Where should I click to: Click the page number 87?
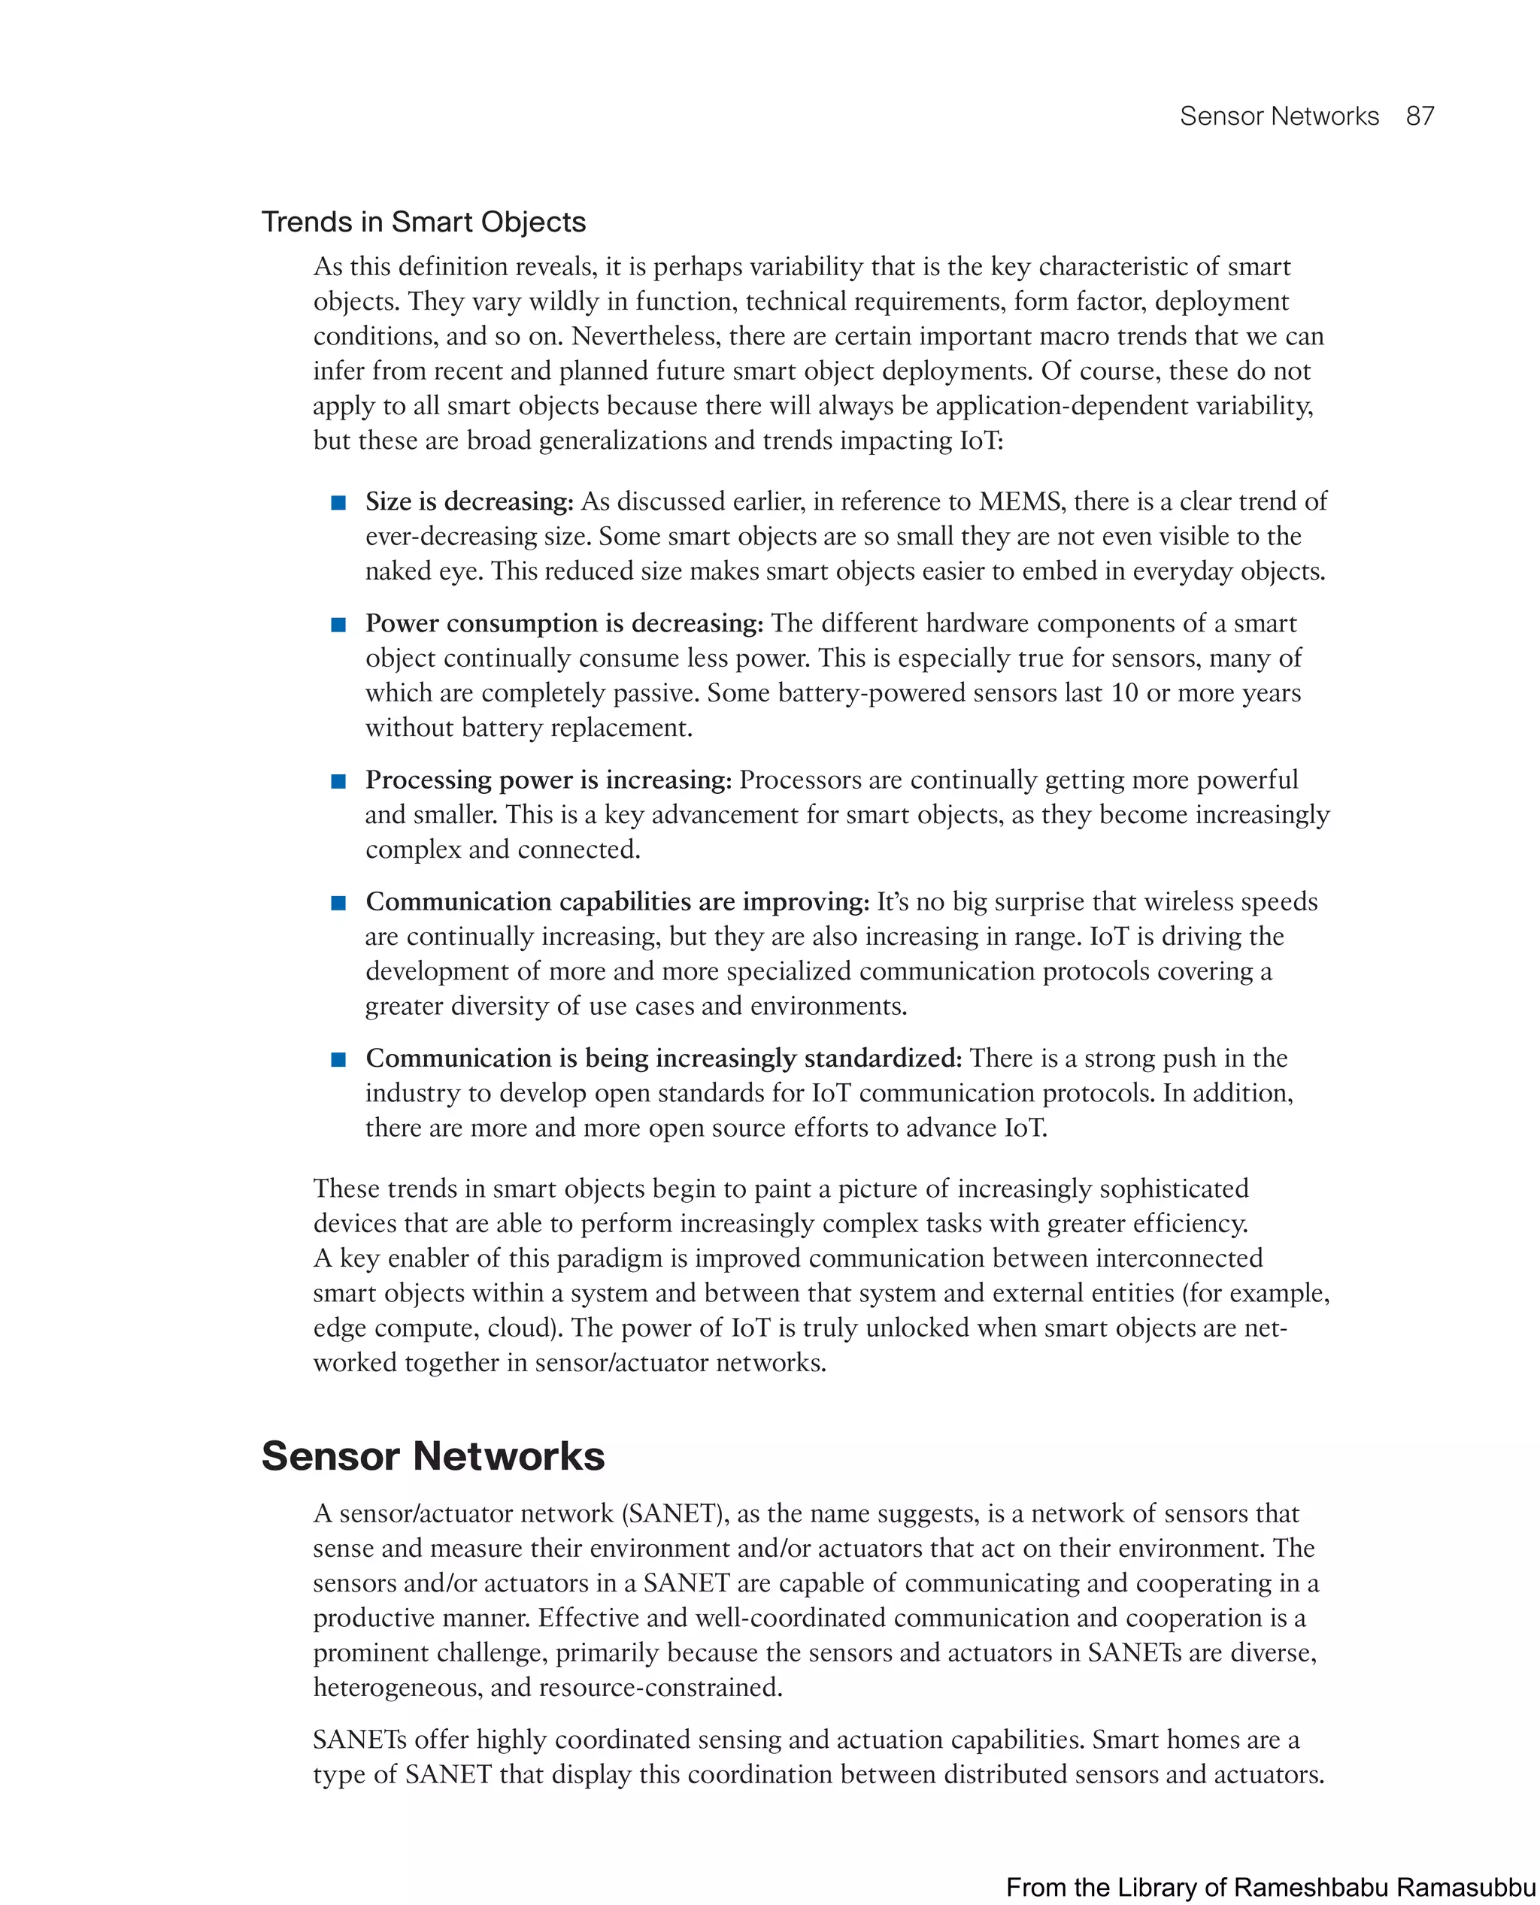point(1420,117)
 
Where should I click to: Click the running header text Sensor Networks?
point(1278,117)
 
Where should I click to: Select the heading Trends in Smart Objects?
point(423,222)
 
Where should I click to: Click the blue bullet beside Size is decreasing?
point(338,503)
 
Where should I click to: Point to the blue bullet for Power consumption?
point(338,625)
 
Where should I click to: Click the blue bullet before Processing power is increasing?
point(338,781)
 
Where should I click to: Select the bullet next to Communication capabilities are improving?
point(338,903)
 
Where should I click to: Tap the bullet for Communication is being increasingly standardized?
point(338,1059)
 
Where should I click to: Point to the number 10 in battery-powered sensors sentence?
point(1124,694)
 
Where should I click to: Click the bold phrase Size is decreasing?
point(469,502)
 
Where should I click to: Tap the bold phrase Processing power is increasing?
point(548,780)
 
